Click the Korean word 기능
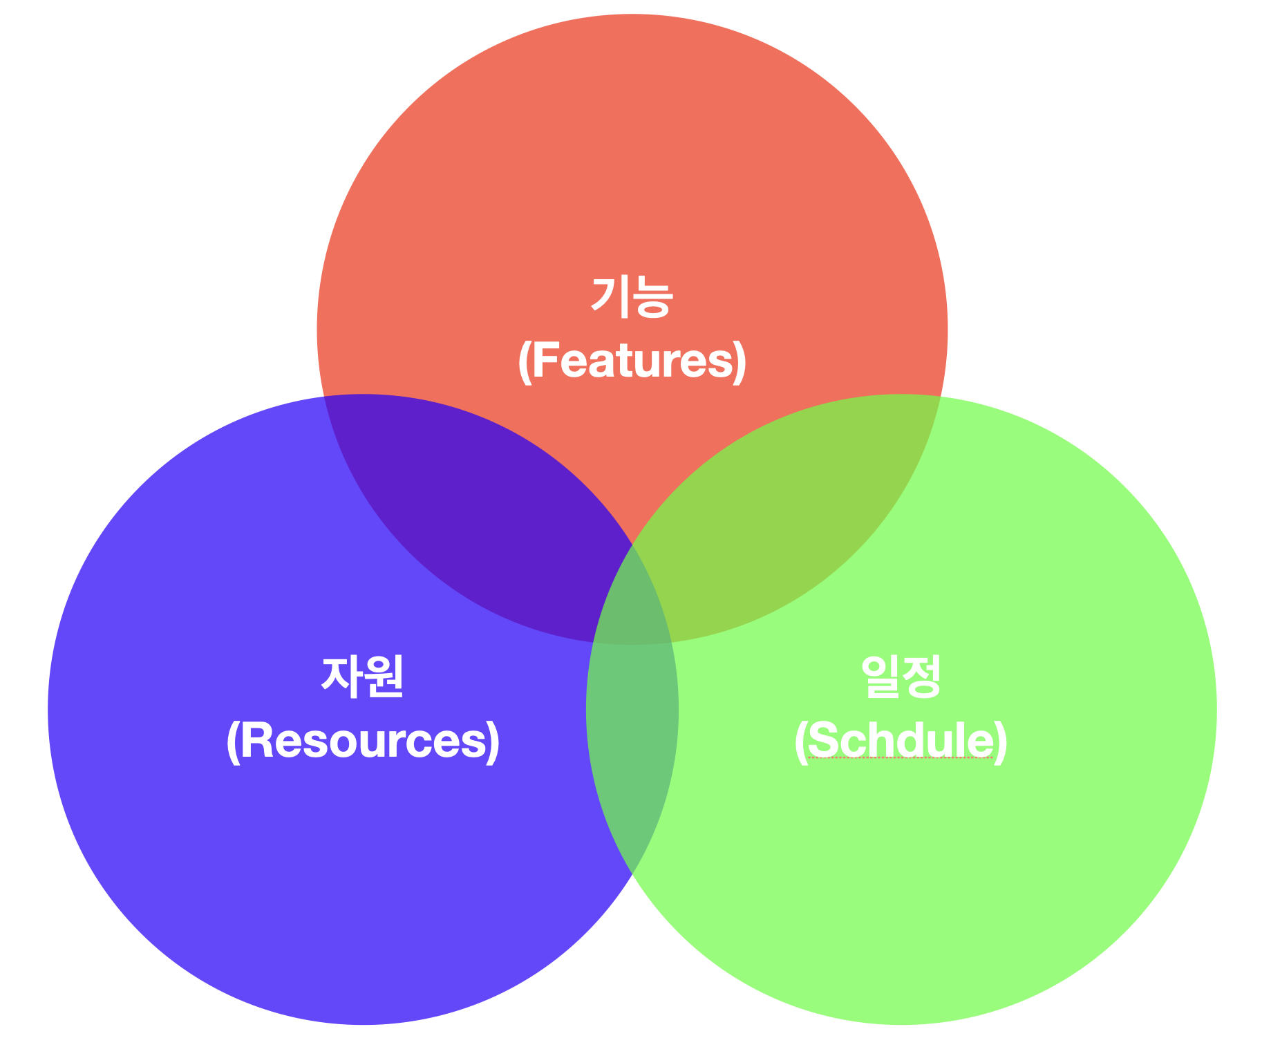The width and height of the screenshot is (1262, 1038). click(632, 297)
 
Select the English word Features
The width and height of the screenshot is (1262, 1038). click(632, 360)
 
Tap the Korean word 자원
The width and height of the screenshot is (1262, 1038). click(363, 677)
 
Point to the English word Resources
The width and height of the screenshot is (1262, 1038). click(363, 740)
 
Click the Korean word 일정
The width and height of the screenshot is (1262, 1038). click(901, 677)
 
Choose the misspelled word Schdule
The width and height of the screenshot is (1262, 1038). click(901, 740)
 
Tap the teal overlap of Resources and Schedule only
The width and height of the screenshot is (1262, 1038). click(632, 746)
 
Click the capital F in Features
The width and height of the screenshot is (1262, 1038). click(545, 360)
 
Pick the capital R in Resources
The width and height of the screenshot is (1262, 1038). click(256, 740)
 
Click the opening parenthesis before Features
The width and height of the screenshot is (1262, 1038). click(525, 361)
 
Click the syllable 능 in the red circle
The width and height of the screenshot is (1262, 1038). click(652, 297)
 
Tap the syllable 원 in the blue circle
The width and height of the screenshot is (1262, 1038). click(384, 677)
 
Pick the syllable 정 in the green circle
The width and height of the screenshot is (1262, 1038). click(922, 677)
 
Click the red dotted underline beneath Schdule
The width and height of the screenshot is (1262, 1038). click(901, 758)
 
